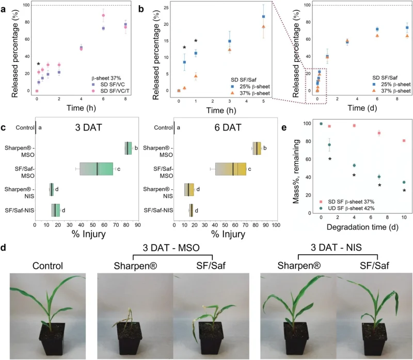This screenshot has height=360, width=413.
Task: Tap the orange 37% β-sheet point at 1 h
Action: coord(196,76)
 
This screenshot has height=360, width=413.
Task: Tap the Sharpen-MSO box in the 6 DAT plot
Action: coord(257,148)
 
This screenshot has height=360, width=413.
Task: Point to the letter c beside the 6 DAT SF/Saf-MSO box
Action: coord(250,169)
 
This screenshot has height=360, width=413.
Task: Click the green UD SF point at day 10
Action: coord(404,182)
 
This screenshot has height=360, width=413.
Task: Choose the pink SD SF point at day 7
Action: coord(379,133)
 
